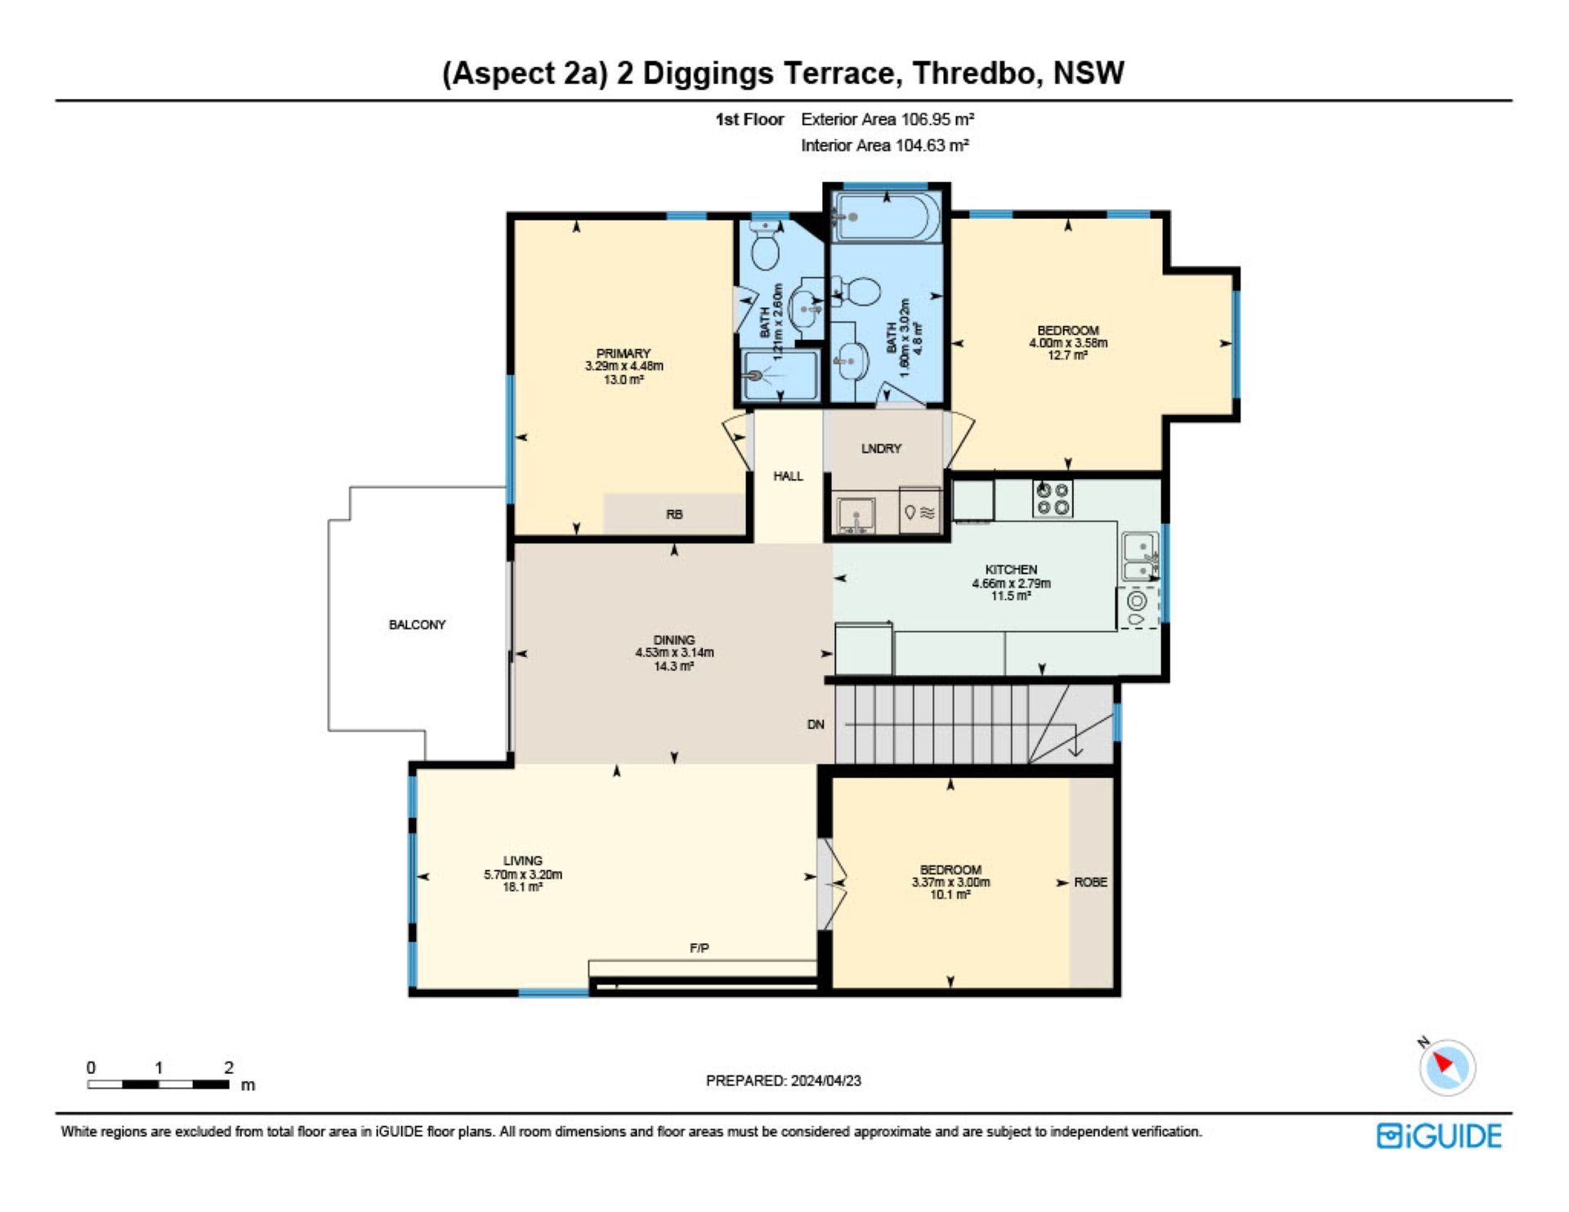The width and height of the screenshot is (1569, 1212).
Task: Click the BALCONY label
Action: [417, 624]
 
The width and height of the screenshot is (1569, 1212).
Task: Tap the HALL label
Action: [788, 476]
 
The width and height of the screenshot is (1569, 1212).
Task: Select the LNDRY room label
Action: [881, 449]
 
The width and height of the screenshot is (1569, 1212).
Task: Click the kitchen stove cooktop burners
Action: [1053, 499]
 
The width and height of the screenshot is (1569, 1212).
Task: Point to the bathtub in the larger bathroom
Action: [887, 217]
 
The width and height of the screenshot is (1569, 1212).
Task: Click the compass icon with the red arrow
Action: [1447, 1067]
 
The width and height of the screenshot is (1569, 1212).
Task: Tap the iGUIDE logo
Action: [1439, 1137]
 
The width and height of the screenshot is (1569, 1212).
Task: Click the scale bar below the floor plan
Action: [159, 1085]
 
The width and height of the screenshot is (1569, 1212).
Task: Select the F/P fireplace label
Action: [700, 948]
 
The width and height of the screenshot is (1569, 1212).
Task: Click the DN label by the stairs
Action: [816, 724]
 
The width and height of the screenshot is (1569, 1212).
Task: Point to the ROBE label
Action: [1091, 882]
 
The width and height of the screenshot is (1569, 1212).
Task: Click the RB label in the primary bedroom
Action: [674, 514]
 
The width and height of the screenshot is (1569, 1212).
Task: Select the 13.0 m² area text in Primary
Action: [624, 379]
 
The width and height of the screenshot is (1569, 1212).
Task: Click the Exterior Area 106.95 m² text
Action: [887, 119]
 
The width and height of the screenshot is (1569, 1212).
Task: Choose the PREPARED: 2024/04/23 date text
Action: [784, 1080]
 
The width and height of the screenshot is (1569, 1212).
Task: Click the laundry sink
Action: [856, 516]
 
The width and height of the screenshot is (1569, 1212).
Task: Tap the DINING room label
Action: [674, 640]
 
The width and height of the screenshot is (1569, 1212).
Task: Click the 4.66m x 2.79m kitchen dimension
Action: [1011, 583]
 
